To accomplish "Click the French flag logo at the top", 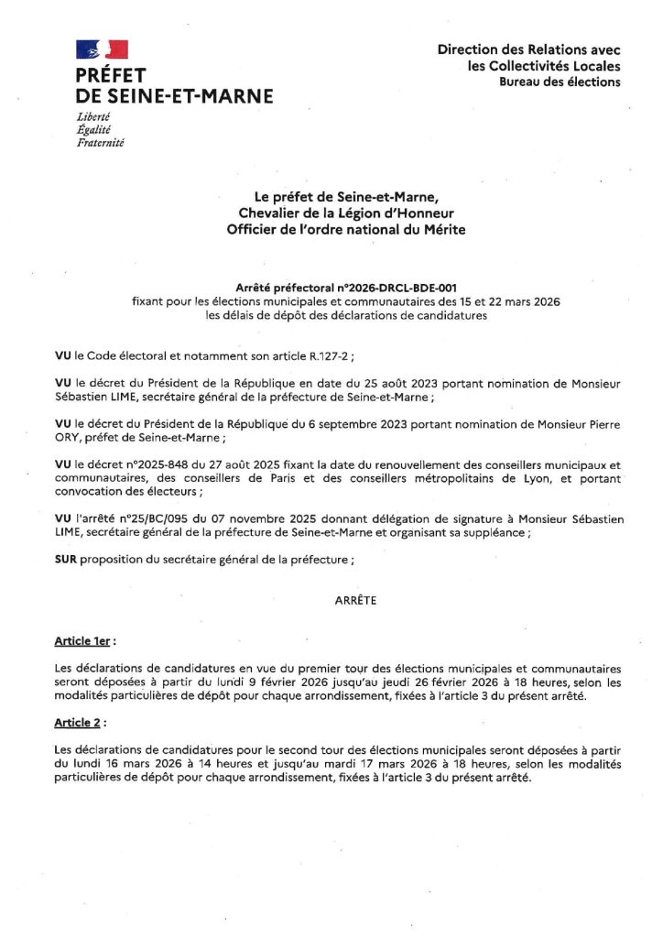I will (x=102, y=49).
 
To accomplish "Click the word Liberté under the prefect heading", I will (x=93, y=116).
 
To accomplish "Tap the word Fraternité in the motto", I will (x=101, y=142).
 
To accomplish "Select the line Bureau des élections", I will (x=559, y=82).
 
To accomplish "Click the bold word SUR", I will (x=66, y=559).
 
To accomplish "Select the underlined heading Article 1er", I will (x=85, y=642).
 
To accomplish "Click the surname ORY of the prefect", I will (x=69, y=437).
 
